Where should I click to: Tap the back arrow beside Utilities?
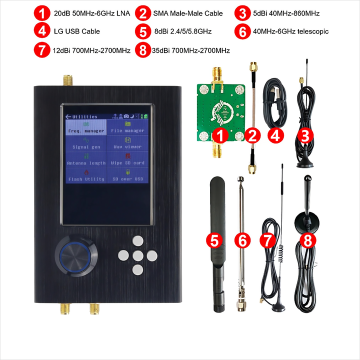[x=68, y=116]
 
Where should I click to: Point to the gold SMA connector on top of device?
[x=66, y=80]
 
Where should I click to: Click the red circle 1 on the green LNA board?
[x=220, y=135]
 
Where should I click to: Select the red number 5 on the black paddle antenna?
[x=214, y=240]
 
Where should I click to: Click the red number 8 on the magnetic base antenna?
[x=307, y=240]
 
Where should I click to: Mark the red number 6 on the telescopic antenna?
[x=242, y=240]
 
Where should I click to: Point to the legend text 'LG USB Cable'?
[x=76, y=31]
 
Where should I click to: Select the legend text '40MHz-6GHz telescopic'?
[x=290, y=31]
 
